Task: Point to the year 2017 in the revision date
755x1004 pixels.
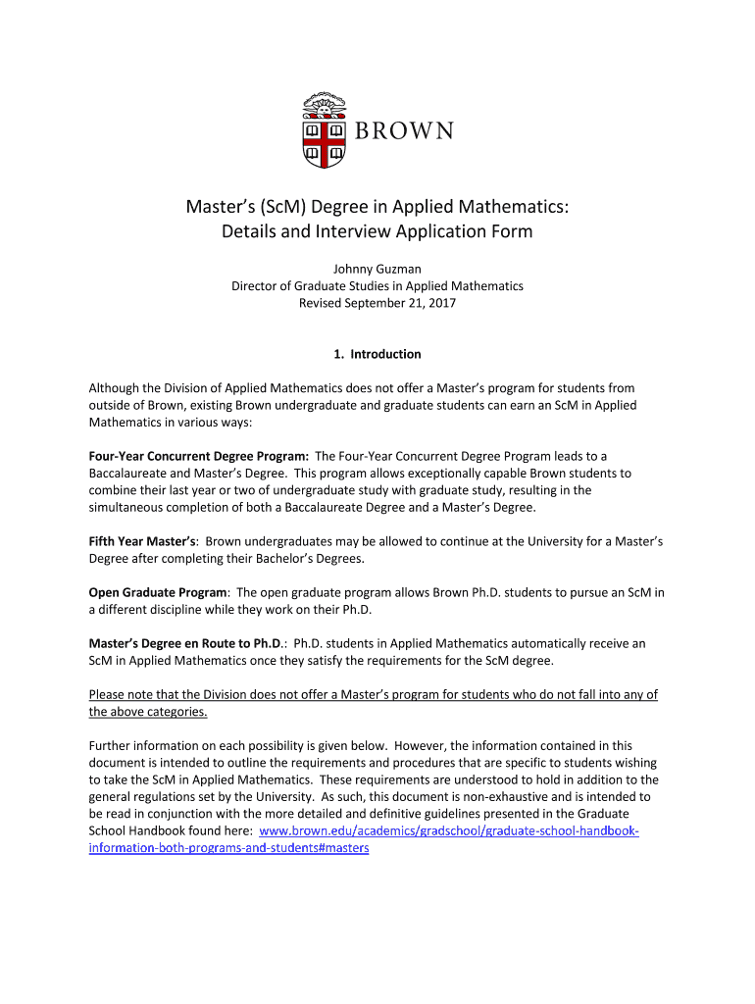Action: coord(441,303)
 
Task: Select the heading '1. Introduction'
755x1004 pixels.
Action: coord(377,354)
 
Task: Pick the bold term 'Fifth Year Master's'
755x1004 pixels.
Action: coord(143,540)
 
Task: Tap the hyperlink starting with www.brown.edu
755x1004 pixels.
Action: coord(448,831)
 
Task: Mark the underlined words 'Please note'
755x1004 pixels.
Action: coord(119,695)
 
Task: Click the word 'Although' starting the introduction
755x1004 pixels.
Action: coord(115,389)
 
